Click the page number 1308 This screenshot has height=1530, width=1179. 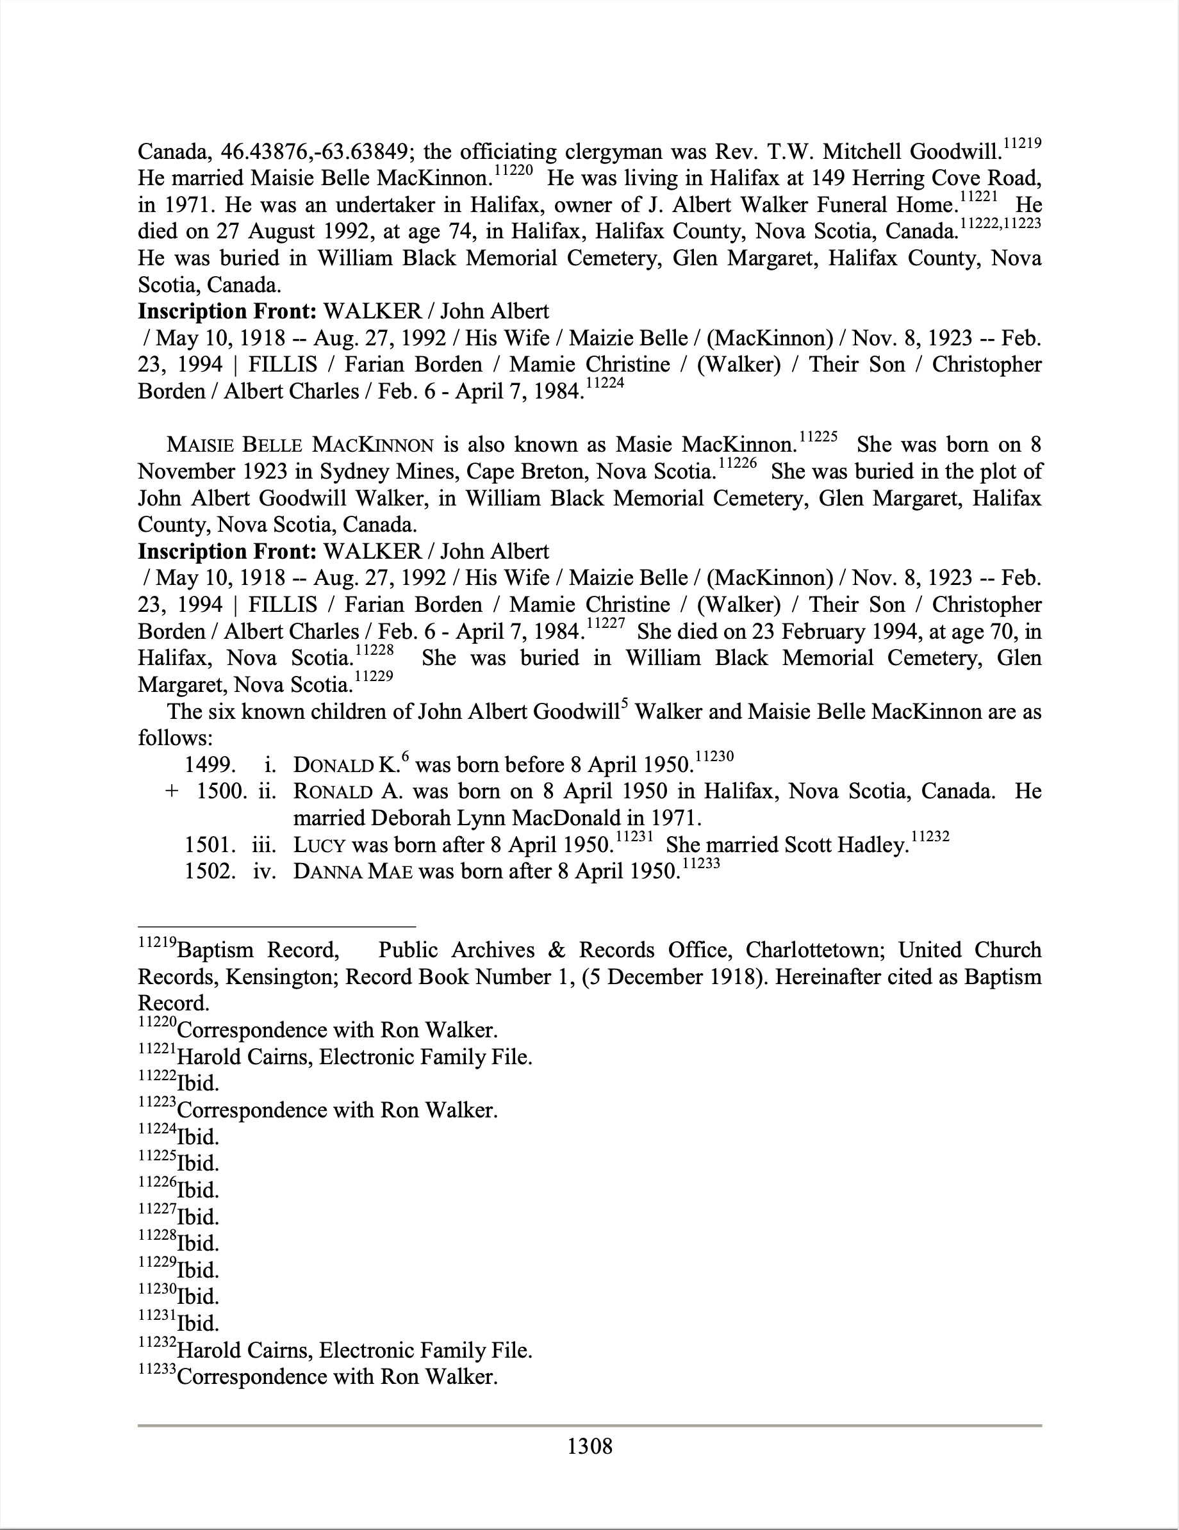pos(589,1446)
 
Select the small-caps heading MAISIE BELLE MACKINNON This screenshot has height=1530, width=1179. pos(300,445)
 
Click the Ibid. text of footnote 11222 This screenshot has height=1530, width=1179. pos(198,1084)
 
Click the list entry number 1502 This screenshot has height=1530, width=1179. pos(210,872)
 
